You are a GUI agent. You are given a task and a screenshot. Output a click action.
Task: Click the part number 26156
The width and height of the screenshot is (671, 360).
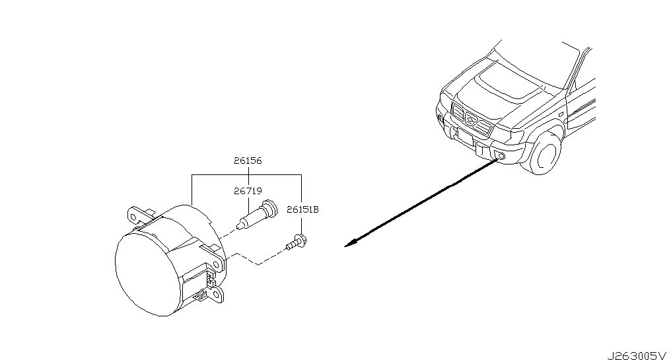coord(248,161)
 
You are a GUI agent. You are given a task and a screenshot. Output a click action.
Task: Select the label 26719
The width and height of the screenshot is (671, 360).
coord(248,191)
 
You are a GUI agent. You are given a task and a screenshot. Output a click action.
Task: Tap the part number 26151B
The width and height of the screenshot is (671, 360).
coord(302,210)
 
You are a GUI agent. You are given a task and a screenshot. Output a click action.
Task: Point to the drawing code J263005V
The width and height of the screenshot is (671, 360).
coord(637,355)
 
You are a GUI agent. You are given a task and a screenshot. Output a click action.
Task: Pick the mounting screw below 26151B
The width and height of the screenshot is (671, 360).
coord(297,242)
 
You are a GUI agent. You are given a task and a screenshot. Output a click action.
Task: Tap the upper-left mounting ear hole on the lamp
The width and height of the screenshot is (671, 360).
coord(133,217)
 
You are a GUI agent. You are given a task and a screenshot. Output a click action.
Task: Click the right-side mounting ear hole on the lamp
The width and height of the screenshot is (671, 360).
coord(217,265)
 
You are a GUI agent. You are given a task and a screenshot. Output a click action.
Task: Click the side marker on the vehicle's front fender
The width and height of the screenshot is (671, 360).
coord(560,114)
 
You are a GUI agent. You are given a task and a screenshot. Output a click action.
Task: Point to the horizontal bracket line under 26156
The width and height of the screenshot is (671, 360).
coord(247,174)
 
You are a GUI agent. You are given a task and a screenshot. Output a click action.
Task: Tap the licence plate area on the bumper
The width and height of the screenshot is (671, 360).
coord(465,137)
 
